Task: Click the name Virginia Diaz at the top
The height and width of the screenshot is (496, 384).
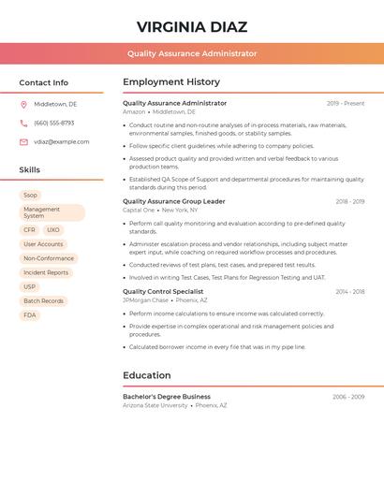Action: (191, 26)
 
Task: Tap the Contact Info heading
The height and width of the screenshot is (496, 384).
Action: (43, 82)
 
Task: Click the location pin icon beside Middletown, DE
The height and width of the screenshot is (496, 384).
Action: (23, 104)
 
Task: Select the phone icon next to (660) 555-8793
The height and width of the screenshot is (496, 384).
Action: (23, 123)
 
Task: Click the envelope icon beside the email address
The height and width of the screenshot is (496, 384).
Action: (23, 142)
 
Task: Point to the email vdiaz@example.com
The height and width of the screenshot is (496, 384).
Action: (62, 142)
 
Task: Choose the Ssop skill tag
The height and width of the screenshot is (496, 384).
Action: (31, 195)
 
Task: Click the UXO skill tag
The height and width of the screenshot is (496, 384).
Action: (52, 229)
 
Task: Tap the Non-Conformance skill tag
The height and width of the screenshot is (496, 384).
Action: (49, 258)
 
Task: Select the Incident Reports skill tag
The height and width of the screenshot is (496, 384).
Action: (46, 272)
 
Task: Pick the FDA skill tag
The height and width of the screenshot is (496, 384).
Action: (30, 315)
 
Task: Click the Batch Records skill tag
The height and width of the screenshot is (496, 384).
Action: (43, 301)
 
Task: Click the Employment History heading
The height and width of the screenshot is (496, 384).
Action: (171, 82)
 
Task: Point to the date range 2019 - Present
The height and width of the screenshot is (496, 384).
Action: (346, 104)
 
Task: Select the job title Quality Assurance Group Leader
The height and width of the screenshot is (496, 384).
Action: (174, 201)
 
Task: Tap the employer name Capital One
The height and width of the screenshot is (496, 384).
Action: (138, 211)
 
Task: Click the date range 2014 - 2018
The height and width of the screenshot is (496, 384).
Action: (350, 292)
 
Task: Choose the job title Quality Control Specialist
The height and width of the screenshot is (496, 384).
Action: (163, 292)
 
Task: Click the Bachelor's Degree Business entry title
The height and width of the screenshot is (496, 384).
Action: (167, 397)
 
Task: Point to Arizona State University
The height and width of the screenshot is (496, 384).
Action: (155, 406)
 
